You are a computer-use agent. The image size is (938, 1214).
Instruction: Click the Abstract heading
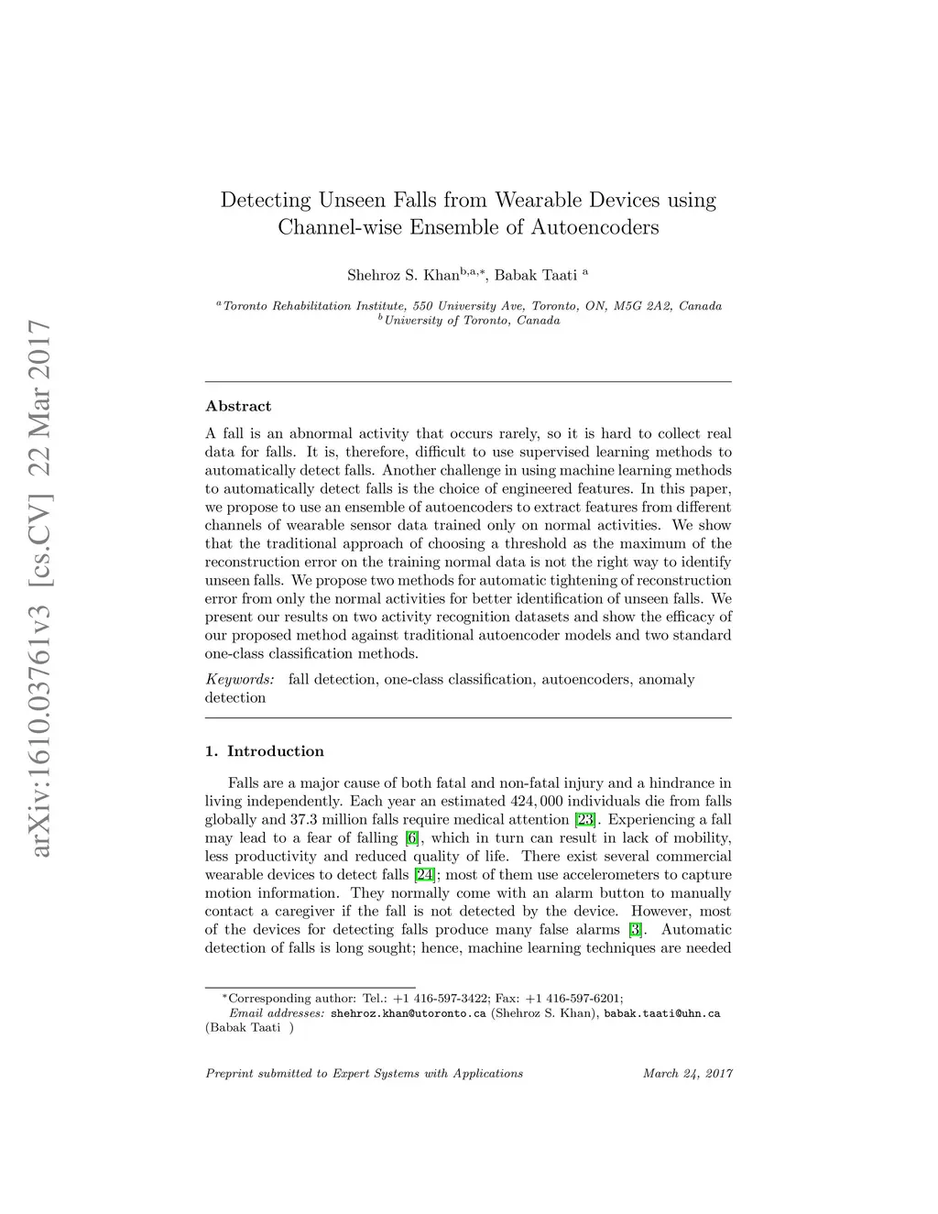point(238,406)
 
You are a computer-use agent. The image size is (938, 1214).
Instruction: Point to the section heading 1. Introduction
point(265,751)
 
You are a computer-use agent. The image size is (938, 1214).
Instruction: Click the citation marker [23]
point(585,819)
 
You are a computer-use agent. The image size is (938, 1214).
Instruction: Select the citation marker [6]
point(413,837)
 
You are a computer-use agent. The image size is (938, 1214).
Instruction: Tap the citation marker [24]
point(424,874)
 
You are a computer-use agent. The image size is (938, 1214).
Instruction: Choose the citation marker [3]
point(636,929)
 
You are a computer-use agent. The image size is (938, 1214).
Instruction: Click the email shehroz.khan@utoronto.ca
point(408,1013)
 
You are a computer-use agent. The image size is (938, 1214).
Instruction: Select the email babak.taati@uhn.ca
point(662,1013)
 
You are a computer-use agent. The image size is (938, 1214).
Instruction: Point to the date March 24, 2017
point(688,1073)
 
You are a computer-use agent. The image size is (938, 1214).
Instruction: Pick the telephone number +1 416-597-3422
point(442,998)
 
